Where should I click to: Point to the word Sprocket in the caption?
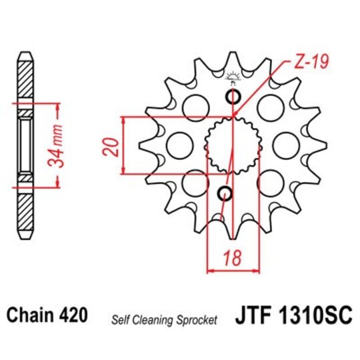click(x=198, y=321)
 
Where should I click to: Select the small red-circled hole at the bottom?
click(x=225, y=194)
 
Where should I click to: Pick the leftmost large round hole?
click(x=177, y=144)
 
